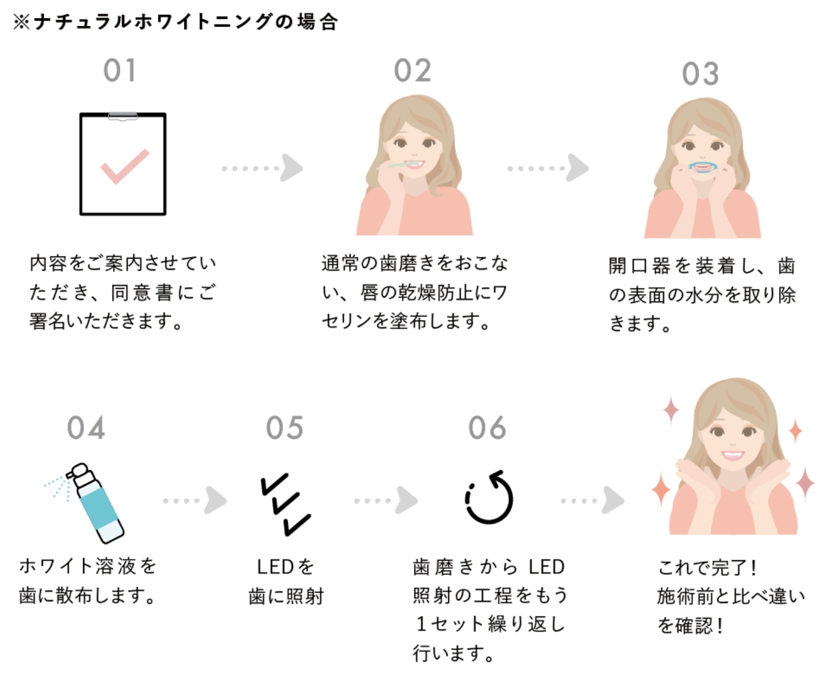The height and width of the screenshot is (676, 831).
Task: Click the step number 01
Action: pos(119,71)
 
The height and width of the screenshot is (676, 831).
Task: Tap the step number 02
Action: pos(412,71)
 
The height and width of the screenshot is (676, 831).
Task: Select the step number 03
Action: pos(700,74)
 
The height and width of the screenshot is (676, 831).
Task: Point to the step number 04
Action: pos(86,428)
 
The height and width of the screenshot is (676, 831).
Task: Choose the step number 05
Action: pos(284,428)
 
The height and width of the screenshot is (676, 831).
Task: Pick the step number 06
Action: pos(487,428)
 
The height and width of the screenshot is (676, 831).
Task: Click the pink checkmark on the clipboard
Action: pos(124,166)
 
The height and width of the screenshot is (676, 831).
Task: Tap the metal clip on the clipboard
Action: pos(123,116)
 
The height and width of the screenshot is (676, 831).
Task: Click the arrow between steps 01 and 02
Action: pos(263,167)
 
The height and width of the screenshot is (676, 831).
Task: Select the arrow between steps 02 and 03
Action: pos(548,167)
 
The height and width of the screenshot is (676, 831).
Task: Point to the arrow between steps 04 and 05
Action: pos(195,501)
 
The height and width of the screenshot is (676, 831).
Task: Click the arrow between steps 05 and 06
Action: pos(386,501)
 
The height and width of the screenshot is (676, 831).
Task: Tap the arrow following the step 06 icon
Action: pos(593,501)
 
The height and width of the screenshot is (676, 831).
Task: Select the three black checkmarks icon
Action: pos(285,503)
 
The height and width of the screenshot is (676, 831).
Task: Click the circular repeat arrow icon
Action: pos(489,498)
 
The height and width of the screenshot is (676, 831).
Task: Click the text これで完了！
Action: pos(708,568)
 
